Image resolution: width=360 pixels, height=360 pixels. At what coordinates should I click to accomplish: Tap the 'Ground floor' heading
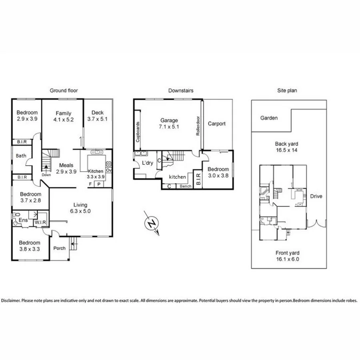pyautogui.click(x=64, y=91)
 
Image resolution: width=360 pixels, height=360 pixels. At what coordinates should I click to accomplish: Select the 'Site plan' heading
pyautogui.click(x=287, y=91)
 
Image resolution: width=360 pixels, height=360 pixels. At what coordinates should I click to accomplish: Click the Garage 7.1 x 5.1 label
pyautogui.click(x=169, y=123)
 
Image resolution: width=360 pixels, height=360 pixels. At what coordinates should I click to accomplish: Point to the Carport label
pyautogui.click(x=216, y=124)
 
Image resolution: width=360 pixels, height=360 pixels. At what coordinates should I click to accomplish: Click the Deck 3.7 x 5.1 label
pyautogui.click(x=97, y=116)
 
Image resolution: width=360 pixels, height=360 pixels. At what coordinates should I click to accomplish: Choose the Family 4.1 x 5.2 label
pyautogui.click(x=63, y=116)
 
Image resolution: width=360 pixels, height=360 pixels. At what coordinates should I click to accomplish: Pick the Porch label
pyautogui.click(x=59, y=248)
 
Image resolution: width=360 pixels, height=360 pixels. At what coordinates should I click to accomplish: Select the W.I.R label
pyautogui.click(x=40, y=222)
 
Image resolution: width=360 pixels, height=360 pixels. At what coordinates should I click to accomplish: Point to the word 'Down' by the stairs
pyautogui.click(x=46, y=175)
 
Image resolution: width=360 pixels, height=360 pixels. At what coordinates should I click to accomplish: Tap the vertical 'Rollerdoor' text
pyautogui.click(x=198, y=127)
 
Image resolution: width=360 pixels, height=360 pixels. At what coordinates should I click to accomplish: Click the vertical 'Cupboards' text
pyautogui.click(x=138, y=132)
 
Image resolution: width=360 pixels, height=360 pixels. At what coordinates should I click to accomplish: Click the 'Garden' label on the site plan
pyautogui.click(x=269, y=118)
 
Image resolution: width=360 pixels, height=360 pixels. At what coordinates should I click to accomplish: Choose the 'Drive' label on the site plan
pyautogui.click(x=316, y=196)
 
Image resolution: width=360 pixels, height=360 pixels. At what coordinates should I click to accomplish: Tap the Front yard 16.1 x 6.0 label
pyautogui.click(x=287, y=256)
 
